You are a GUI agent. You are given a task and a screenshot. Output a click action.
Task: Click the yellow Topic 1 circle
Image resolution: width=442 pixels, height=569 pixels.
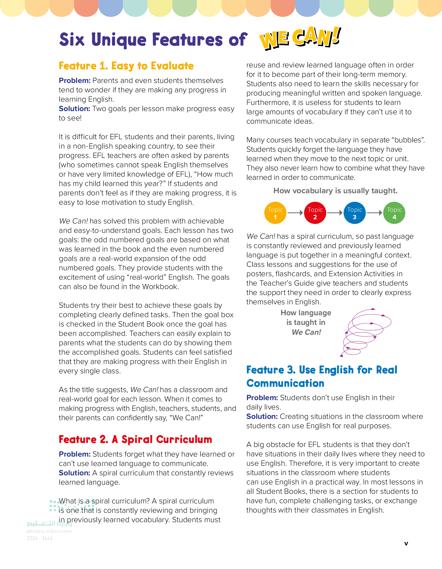click(275, 213)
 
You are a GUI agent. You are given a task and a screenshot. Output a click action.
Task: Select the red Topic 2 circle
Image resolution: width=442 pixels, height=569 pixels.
click(315, 213)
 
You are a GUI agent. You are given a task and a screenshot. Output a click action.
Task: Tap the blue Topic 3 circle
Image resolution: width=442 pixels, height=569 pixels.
click(355, 213)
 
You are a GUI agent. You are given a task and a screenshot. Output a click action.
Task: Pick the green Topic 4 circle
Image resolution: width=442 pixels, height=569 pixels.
click(394, 213)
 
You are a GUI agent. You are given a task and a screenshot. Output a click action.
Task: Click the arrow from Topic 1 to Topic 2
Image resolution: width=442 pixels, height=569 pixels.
click(295, 213)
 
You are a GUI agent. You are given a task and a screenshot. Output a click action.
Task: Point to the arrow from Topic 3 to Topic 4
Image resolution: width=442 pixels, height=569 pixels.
click(374, 213)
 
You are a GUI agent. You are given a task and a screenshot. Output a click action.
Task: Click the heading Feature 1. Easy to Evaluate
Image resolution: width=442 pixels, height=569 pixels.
click(126, 66)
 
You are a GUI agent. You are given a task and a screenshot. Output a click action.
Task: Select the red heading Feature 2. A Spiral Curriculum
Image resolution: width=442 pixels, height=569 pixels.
click(135, 439)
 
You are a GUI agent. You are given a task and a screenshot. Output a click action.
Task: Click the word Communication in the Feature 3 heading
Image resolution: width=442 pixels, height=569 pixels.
click(285, 383)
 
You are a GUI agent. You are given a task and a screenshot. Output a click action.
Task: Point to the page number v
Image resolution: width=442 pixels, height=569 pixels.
click(406, 544)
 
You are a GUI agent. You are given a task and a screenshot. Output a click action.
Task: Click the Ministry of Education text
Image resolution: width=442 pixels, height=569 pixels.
click(49, 531)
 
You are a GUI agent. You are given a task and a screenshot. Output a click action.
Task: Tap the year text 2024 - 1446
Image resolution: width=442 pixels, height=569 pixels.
click(40, 538)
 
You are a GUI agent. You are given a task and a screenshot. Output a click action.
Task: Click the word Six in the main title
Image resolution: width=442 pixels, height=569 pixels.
click(72, 40)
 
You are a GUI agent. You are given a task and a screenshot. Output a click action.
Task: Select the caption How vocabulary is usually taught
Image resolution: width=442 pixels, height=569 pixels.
click(335, 191)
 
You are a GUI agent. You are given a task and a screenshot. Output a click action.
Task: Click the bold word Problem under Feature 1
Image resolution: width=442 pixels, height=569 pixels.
click(75, 81)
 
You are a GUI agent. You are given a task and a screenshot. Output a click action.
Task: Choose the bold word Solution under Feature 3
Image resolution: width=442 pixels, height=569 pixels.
click(262, 416)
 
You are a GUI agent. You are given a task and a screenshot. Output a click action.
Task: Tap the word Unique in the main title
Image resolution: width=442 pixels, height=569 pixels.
click(119, 40)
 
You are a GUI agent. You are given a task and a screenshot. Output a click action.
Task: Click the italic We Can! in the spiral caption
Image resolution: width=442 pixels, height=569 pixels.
click(306, 332)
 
